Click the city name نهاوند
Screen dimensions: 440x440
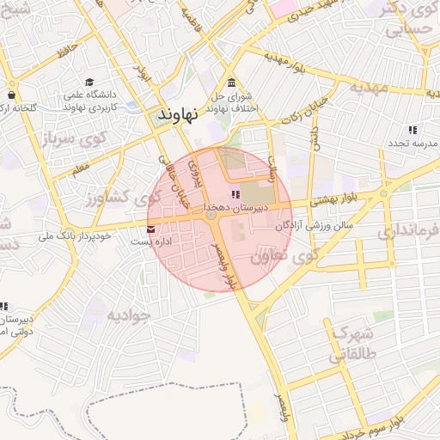click(179, 113)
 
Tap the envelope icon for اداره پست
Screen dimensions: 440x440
click(152, 229)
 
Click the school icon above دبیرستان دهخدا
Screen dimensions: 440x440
click(235, 195)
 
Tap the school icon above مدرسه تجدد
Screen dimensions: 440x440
click(412, 130)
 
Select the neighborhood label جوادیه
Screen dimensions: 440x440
click(128, 315)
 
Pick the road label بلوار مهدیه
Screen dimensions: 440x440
click(287, 62)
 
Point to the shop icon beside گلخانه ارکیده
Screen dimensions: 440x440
click(12, 95)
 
